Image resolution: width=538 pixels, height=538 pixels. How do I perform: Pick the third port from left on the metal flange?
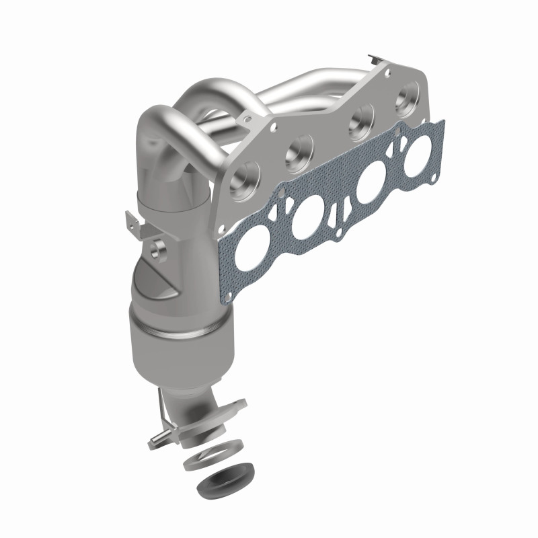(354, 125)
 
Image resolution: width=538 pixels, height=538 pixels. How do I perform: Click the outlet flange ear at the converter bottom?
(233, 408)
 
